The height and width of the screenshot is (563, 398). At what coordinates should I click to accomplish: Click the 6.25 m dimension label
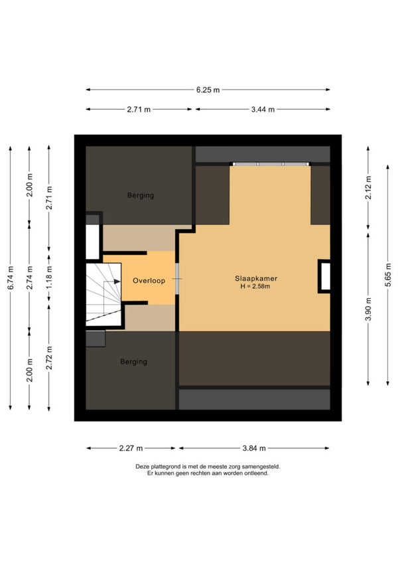(x=208, y=90)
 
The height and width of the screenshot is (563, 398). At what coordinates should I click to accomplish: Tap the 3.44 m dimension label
(x=263, y=110)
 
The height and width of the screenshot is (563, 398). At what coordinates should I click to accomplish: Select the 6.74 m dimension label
(x=11, y=278)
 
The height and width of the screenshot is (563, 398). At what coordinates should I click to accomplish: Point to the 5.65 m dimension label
(x=388, y=275)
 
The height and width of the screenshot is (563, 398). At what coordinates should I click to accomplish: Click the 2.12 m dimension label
(x=368, y=188)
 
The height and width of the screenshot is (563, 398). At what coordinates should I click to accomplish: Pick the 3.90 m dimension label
(x=368, y=309)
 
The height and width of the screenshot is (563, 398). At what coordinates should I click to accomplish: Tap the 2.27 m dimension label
(x=131, y=448)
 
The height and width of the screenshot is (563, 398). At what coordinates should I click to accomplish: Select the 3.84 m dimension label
(x=254, y=448)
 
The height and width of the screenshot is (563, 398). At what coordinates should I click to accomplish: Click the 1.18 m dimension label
(x=49, y=278)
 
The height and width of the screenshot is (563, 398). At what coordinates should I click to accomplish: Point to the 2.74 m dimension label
(x=30, y=278)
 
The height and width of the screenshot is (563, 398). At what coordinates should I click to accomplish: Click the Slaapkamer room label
(x=256, y=278)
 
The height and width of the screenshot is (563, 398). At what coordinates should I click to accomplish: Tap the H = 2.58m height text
(x=255, y=287)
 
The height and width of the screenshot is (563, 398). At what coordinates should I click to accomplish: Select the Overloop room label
(x=149, y=281)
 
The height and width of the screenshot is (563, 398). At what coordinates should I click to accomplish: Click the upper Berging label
(x=141, y=196)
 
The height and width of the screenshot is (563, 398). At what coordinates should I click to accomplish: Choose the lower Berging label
(x=133, y=362)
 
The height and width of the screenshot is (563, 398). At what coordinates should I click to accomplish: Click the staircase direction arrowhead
(x=117, y=281)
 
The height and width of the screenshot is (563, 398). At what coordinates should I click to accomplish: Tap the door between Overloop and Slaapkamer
(x=177, y=279)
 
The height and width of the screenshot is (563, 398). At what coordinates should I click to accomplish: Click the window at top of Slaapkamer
(x=271, y=164)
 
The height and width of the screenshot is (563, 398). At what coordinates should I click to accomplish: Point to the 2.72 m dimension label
(x=49, y=358)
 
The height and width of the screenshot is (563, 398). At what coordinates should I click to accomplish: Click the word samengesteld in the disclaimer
(x=261, y=467)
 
